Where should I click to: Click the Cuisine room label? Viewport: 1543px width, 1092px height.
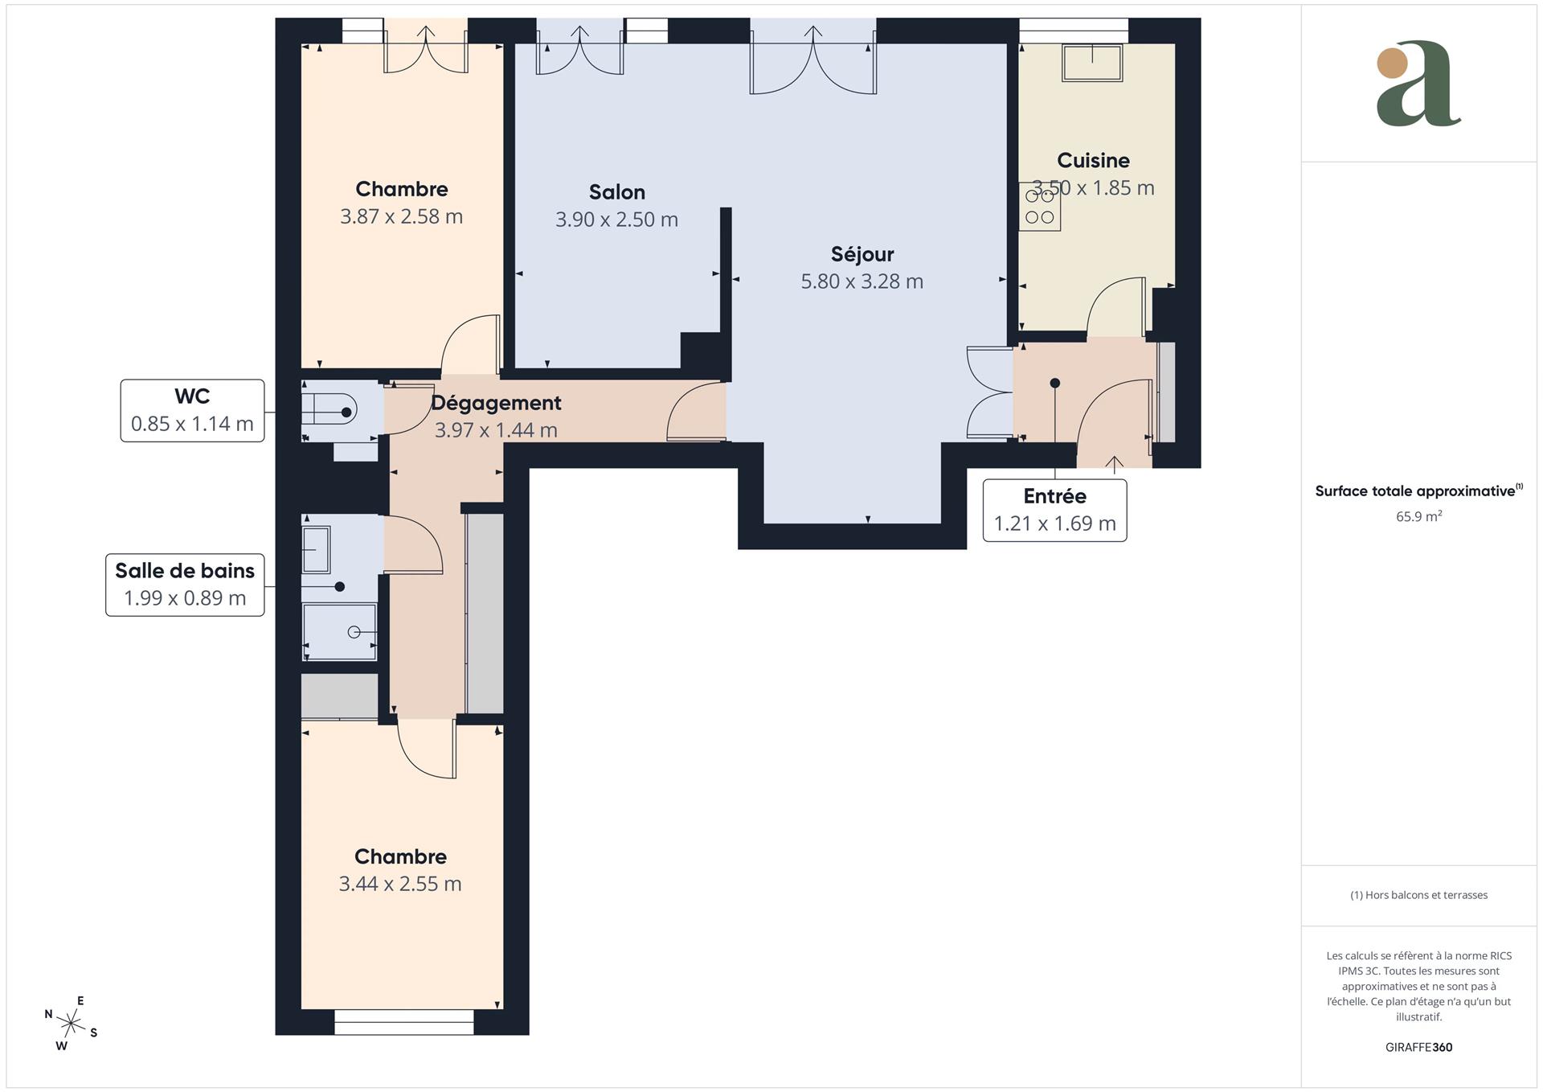tap(1092, 160)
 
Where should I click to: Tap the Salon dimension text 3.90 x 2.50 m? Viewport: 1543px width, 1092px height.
tap(616, 220)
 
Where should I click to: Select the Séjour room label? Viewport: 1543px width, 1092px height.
tap(862, 254)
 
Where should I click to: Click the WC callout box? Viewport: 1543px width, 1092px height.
tap(192, 410)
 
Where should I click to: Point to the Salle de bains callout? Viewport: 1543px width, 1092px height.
tap(185, 585)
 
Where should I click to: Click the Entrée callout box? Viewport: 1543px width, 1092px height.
tap(1054, 510)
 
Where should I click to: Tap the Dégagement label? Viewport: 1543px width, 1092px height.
tap(496, 403)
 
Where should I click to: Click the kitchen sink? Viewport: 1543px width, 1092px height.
tap(1091, 63)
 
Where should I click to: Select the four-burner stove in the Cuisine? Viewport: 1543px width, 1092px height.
tap(1039, 207)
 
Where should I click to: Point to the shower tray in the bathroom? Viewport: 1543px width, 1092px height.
tap(339, 631)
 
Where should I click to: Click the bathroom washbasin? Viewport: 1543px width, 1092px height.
tap(316, 549)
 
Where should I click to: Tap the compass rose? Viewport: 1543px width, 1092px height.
tap(71, 1024)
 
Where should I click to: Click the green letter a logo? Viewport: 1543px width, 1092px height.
tap(1418, 84)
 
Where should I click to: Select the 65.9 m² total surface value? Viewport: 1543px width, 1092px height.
tap(1418, 516)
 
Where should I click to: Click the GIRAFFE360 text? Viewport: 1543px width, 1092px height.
tap(1418, 1047)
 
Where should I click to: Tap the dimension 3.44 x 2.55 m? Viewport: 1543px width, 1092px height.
tap(399, 884)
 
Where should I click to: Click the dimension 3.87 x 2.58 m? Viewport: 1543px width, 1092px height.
tap(401, 216)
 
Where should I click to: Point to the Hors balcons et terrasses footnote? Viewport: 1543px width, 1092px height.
tap(1418, 895)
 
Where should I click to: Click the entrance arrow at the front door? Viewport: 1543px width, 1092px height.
tap(1114, 463)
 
